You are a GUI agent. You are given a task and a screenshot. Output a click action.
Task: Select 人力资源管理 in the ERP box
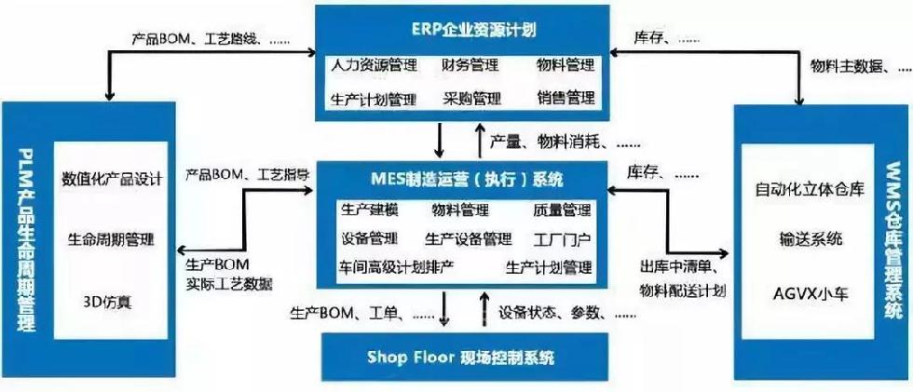pyautogui.click(x=374, y=64)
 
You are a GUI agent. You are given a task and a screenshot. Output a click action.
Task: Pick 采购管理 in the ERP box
pyautogui.click(x=471, y=99)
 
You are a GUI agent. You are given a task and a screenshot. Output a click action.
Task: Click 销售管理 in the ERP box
pyautogui.click(x=566, y=98)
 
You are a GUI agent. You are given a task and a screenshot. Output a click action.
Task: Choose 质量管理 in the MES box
pyautogui.click(x=562, y=210)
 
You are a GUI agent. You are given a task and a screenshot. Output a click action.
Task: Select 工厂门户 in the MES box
pyautogui.click(x=563, y=238)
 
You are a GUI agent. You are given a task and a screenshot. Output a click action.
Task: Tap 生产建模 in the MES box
pyautogui.click(x=369, y=210)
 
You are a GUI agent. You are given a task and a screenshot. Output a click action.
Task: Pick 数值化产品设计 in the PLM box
pyautogui.click(x=112, y=178)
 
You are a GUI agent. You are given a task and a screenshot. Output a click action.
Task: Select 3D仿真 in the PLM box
pyautogui.click(x=112, y=303)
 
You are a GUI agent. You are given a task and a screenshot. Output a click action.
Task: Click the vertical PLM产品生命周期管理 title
pyautogui.click(x=27, y=239)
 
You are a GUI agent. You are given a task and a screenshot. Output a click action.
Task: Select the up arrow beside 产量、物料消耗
pyautogui.click(x=480, y=141)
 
